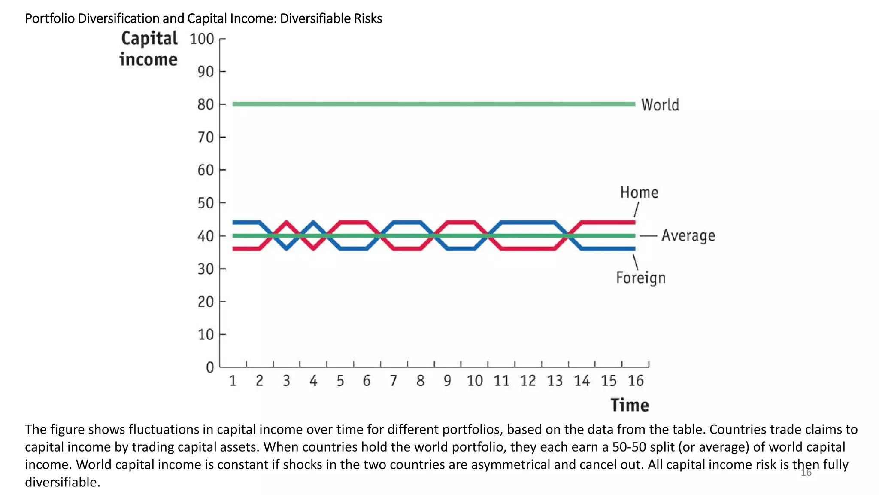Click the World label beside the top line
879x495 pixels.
[x=660, y=105]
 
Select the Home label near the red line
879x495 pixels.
[x=639, y=192]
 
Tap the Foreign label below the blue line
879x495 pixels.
[x=640, y=278]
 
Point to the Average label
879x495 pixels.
[x=688, y=235]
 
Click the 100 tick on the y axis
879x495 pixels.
[x=202, y=39]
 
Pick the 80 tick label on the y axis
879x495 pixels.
[x=206, y=104]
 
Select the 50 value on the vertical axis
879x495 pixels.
[x=206, y=203]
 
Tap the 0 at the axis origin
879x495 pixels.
[x=210, y=367]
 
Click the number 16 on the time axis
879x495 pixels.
[x=635, y=381]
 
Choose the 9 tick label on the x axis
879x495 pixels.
[x=447, y=381]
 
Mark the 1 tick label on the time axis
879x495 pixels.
[x=233, y=381]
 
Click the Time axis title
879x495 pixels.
[x=630, y=405]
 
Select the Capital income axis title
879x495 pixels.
[x=149, y=49]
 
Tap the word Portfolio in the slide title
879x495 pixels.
[x=50, y=18]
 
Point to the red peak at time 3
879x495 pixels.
[x=286, y=223]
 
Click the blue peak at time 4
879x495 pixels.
[x=313, y=223]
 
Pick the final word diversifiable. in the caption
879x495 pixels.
[x=62, y=482]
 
